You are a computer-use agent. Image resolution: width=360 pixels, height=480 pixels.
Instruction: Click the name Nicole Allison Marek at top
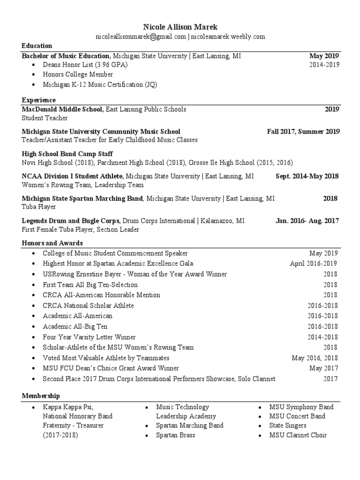(x=180, y=27)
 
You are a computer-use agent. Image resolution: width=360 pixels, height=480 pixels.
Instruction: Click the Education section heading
(x=37, y=45)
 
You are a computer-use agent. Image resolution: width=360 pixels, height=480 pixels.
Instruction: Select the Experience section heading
(x=39, y=100)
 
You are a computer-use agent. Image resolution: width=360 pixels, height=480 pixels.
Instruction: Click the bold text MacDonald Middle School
(x=62, y=109)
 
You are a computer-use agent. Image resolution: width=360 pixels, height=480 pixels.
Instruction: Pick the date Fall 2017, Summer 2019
(x=303, y=132)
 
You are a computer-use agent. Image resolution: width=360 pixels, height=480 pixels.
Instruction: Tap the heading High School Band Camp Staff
(x=67, y=154)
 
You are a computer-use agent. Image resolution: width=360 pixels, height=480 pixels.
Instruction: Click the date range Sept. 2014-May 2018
(x=307, y=176)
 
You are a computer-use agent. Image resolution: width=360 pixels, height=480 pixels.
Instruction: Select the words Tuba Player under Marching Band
(x=39, y=207)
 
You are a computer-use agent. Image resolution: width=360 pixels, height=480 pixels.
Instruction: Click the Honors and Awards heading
(x=52, y=243)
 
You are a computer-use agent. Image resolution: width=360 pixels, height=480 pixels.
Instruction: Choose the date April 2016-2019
(x=313, y=264)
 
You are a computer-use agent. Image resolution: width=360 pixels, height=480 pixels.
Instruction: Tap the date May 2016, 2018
(x=315, y=358)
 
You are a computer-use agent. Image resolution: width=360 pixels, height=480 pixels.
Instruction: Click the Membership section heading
(x=41, y=396)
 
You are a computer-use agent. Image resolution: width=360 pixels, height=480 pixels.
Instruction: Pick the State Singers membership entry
(x=288, y=426)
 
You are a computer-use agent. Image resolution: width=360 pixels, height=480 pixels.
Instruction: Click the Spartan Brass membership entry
(x=176, y=435)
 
